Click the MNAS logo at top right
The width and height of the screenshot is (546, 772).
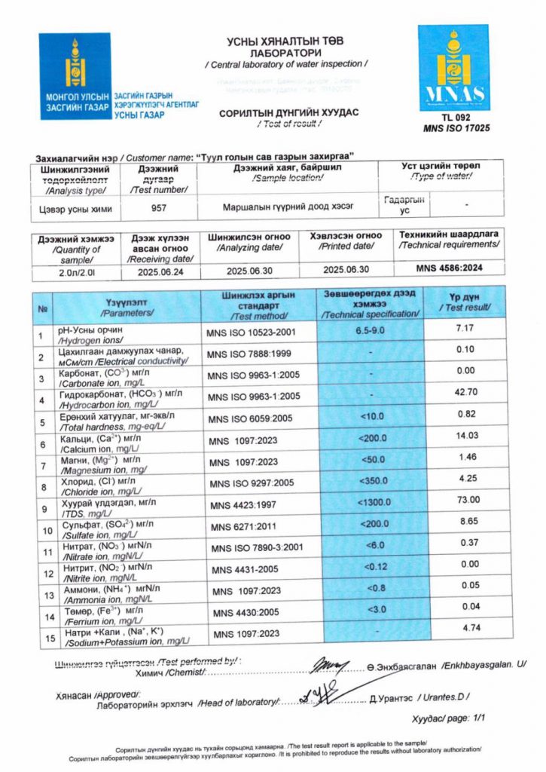click(454, 68)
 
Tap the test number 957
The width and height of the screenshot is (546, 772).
click(159, 207)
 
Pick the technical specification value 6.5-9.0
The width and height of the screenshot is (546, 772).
click(370, 330)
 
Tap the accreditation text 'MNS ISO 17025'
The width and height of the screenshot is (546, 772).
click(456, 129)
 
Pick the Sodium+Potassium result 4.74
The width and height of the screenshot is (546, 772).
click(472, 627)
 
